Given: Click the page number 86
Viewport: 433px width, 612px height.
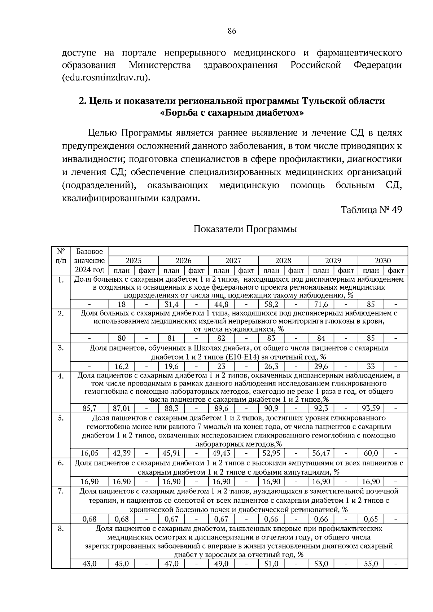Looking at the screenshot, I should pyautogui.click(x=232, y=31).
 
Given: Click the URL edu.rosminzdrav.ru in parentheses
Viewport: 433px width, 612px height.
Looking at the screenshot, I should pyautogui.click(x=105, y=78).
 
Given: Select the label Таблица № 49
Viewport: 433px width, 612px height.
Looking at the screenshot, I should pyautogui.click(x=371, y=210).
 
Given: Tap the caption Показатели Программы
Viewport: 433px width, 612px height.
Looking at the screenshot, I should pyautogui.click(x=245, y=229).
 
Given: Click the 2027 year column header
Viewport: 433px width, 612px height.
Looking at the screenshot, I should pyautogui.click(x=233, y=261).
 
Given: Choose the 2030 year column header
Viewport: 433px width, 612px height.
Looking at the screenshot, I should pyautogui.click(x=382, y=261).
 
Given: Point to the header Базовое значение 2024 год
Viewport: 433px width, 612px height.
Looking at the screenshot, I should pyautogui.click(x=89, y=261).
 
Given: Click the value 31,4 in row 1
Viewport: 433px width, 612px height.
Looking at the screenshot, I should pyautogui.click(x=171, y=304).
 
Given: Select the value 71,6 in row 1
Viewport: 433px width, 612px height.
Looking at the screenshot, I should pyautogui.click(x=321, y=304).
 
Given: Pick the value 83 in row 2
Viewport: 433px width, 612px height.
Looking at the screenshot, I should pyautogui.click(x=271, y=338).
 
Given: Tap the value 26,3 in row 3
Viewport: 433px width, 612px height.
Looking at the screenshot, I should pyautogui.click(x=271, y=367).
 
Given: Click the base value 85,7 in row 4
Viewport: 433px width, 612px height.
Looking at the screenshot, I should pyautogui.click(x=89, y=409).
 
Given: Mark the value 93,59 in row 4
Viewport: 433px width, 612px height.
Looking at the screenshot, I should pyautogui.click(x=371, y=409).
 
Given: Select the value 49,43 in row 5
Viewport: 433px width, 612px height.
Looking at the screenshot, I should pyautogui.click(x=221, y=454).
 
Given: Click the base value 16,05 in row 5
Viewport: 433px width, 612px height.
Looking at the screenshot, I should pyautogui.click(x=89, y=454).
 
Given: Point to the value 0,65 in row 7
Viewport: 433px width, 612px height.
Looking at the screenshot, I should pyautogui.click(x=371, y=519).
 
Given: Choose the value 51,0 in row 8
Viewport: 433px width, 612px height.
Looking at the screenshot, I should pyautogui.click(x=271, y=564).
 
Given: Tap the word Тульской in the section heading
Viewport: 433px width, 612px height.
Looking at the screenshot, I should pyautogui.click(x=321, y=101).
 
